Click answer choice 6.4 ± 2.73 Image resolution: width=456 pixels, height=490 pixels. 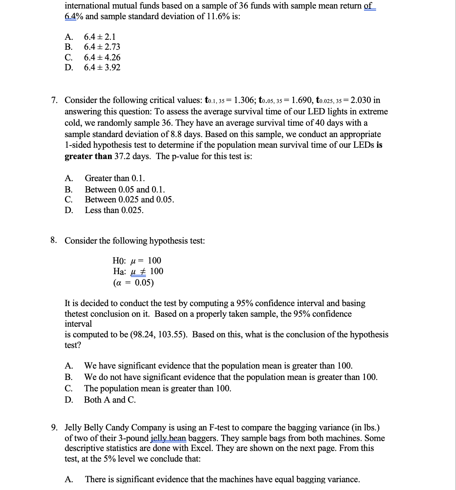[x=102, y=47]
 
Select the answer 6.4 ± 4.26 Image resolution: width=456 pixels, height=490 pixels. [x=102, y=57]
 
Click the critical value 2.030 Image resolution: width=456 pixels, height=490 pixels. [x=361, y=100]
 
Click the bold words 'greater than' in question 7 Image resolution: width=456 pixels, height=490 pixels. [x=88, y=157]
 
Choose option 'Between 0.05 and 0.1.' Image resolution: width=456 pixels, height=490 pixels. [x=125, y=189]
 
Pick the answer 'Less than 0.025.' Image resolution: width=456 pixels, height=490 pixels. [x=114, y=210]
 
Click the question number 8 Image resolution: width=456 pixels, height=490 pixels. [x=54, y=240]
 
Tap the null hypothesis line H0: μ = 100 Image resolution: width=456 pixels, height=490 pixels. [x=137, y=261]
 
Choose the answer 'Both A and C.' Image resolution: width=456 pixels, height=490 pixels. [x=110, y=400]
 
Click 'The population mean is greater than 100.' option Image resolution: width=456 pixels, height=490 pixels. [x=157, y=388]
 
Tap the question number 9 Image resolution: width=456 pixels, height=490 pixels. [x=54, y=428]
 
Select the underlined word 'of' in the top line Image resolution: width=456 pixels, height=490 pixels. [x=368, y=6]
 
